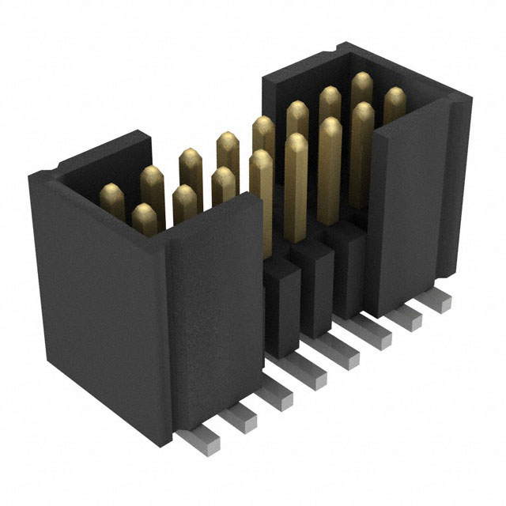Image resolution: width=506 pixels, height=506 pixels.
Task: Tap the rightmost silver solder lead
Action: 440,300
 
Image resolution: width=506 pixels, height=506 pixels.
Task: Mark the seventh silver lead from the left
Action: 410,319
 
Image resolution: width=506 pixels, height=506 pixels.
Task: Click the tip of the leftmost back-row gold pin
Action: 111,192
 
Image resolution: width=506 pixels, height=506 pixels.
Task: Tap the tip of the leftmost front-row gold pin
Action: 143,211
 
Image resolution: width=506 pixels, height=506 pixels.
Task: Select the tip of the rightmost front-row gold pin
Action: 395,96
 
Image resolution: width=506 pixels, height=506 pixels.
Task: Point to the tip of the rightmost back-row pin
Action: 362,80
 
